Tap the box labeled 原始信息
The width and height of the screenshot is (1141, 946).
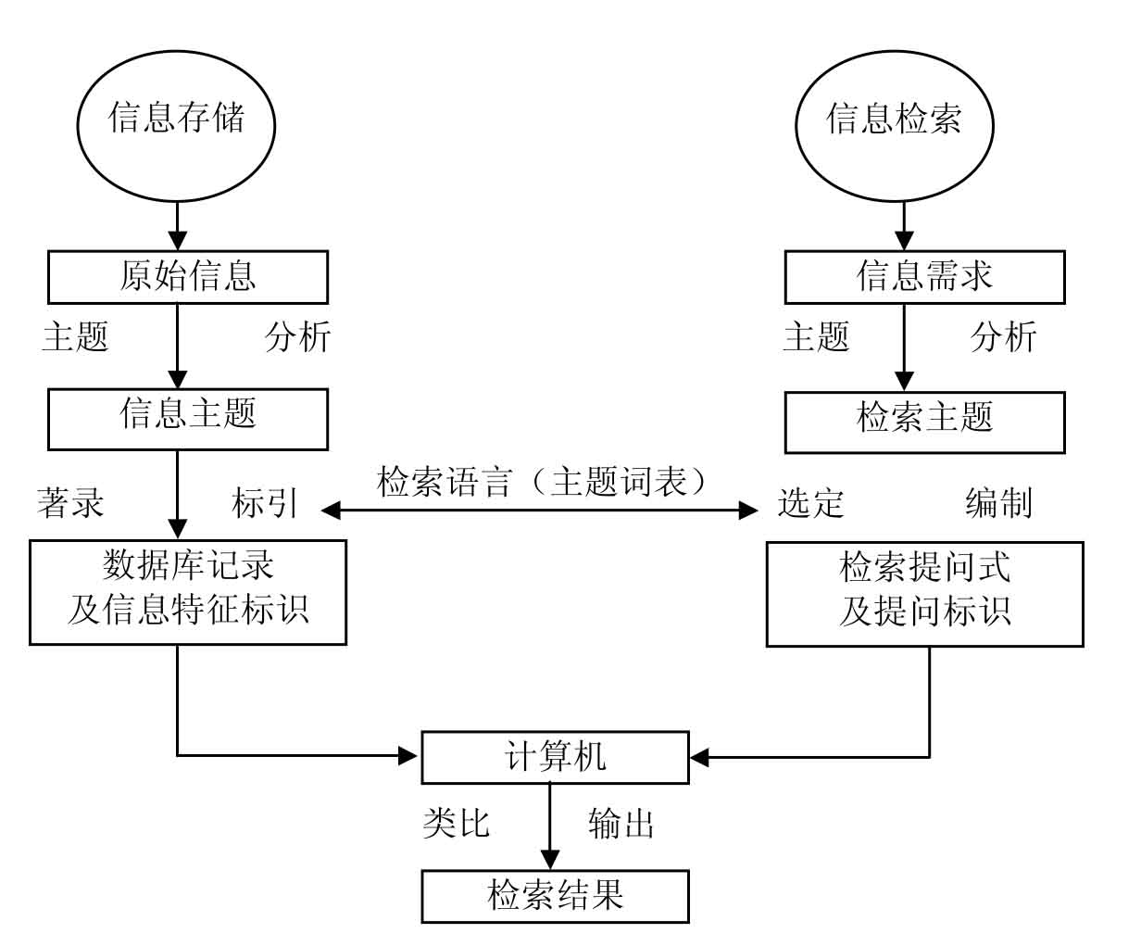pyautogui.click(x=188, y=277)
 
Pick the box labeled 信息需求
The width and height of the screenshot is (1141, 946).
pyautogui.click(x=924, y=277)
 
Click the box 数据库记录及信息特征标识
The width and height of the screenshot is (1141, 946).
pyautogui.click(x=188, y=592)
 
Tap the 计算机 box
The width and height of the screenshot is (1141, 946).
pyautogui.click(x=555, y=757)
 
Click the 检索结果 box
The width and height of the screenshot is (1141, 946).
pyautogui.click(x=555, y=896)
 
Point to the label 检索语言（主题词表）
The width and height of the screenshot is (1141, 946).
pyautogui.click(x=545, y=483)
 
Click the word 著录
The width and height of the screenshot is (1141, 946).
pyautogui.click(x=71, y=502)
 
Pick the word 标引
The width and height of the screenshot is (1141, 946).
pyautogui.click(x=265, y=502)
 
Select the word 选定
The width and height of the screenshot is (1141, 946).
pyautogui.click(x=811, y=502)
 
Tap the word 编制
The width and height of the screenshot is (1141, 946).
pyautogui.click(x=998, y=502)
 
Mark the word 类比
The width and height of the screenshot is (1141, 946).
pyautogui.click(x=456, y=823)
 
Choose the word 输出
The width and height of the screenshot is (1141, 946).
pyautogui.click(x=621, y=823)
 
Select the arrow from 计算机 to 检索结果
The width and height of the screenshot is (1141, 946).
pyautogui.click(x=550, y=825)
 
